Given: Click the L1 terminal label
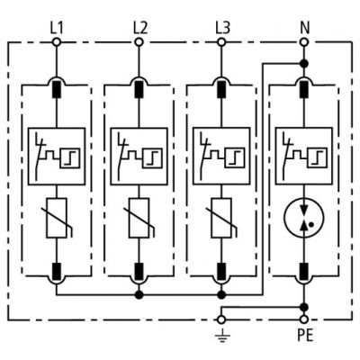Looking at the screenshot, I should (x=57, y=26).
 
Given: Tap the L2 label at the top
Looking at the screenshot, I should (x=139, y=26).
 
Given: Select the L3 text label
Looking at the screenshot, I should (x=221, y=26).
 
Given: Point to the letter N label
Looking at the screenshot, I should (x=303, y=26).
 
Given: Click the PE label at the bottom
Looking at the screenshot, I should (x=303, y=339).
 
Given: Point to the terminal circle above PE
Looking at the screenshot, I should (x=303, y=319).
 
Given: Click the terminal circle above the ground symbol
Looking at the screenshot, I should (x=221, y=319).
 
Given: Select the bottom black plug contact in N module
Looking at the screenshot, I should (x=303, y=271).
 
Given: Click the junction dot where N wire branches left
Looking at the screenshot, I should (x=303, y=63).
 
